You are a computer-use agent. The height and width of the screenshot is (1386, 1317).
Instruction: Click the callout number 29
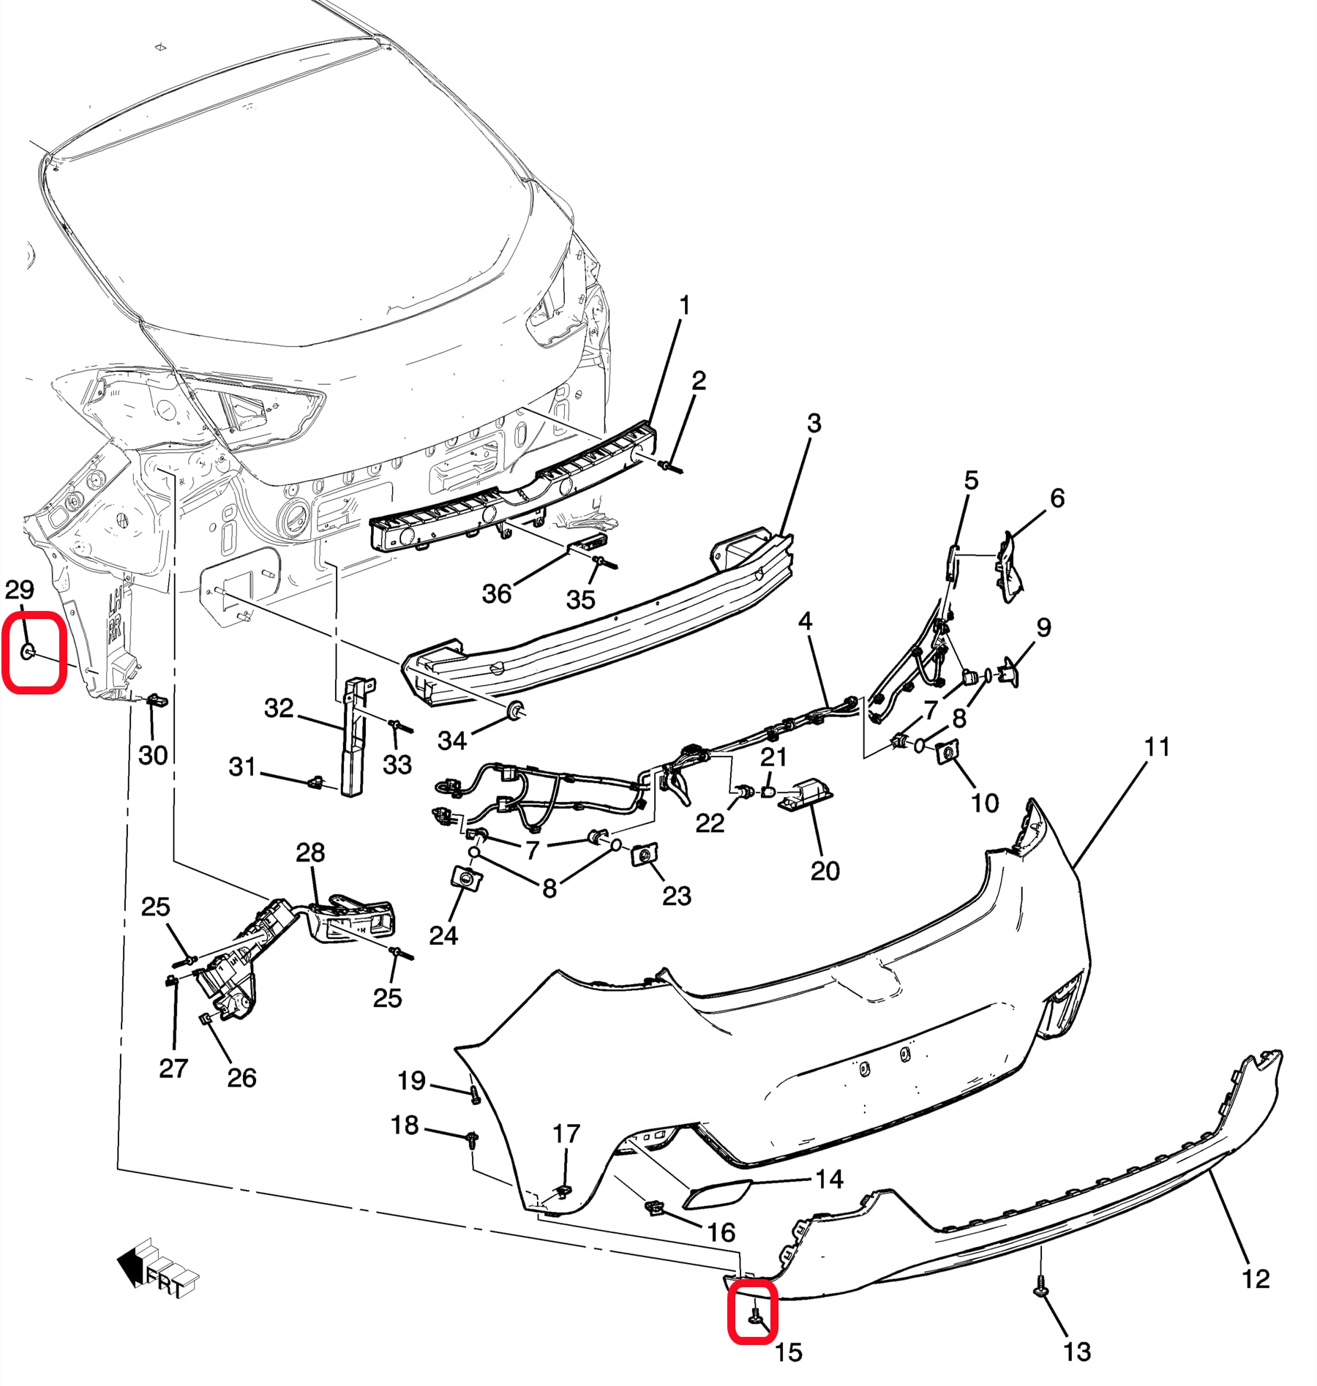pyautogui.click(x=19, y=590)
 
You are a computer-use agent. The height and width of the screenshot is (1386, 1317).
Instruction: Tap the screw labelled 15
pyautogui.click(x=755, y=1318)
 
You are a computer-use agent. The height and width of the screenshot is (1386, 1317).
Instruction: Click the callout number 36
pyautogui.click(x=496, y=593)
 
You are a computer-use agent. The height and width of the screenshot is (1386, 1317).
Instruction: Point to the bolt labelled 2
pyautogui.click(x=669, y=465)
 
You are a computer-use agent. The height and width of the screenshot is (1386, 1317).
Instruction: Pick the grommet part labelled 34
pyautogui.click(x=517, y=708)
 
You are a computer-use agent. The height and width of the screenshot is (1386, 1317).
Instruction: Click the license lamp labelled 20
pyautogui.click(x=806, y=794)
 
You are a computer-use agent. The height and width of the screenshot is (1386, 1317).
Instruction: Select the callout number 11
pyautogui.click(x=1157, y=748)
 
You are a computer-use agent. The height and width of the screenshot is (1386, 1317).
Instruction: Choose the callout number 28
pyautogui.click(x=310, y=853)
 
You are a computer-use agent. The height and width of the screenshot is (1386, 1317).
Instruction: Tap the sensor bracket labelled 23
pyautogui.click(x=644, y=854)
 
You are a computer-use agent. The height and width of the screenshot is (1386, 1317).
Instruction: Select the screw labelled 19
pyautogui.click(x=474, y=1095)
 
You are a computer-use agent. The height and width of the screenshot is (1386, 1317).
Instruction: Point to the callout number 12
pyautogui.click(x=1256, y=1279)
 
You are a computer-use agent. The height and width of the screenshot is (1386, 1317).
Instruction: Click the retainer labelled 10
pyautogui.click(x=947, y=752)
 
